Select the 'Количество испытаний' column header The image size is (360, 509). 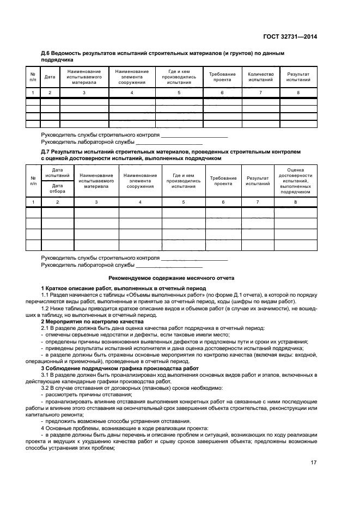260,77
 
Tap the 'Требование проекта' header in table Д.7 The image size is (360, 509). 223,181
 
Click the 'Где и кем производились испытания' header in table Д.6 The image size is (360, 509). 179,77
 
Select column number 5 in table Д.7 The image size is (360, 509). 183,202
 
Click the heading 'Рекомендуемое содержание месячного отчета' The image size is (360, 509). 179,278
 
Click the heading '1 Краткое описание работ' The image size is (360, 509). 124,287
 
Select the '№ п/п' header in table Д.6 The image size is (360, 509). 33,77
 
